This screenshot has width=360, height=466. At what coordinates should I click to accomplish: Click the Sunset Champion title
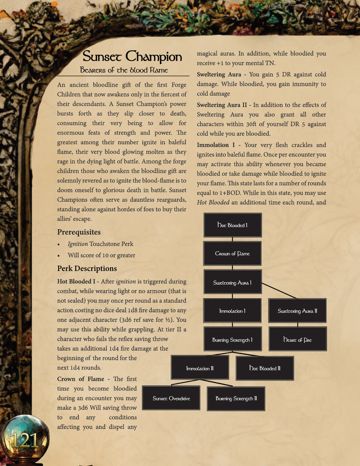132,56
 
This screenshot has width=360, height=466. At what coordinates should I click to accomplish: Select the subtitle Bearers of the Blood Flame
124,70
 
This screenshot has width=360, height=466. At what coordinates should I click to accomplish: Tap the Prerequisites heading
79,232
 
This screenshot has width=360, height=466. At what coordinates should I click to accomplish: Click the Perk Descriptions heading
87,268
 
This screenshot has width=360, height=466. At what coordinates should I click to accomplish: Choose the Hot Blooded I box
232,225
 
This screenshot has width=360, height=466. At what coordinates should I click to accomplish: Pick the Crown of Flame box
232,254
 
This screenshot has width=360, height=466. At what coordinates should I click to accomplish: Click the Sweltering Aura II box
297,311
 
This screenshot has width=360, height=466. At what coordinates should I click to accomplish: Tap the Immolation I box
232,311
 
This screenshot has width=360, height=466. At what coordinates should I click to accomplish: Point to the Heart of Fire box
298,339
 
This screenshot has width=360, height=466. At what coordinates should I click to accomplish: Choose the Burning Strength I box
232,339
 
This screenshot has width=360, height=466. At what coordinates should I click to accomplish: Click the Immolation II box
200,368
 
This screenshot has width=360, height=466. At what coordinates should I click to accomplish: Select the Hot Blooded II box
265,368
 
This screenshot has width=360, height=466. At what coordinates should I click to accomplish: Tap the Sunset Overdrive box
171,398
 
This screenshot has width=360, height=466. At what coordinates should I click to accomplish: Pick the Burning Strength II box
236,398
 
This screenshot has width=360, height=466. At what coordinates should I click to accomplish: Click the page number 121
25,440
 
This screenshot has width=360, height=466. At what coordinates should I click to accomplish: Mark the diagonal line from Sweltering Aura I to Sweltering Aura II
279,290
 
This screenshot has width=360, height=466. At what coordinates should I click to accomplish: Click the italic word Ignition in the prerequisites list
78,244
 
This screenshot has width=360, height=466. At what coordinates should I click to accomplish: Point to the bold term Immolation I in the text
216,145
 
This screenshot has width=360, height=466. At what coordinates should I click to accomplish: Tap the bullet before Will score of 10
58,256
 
